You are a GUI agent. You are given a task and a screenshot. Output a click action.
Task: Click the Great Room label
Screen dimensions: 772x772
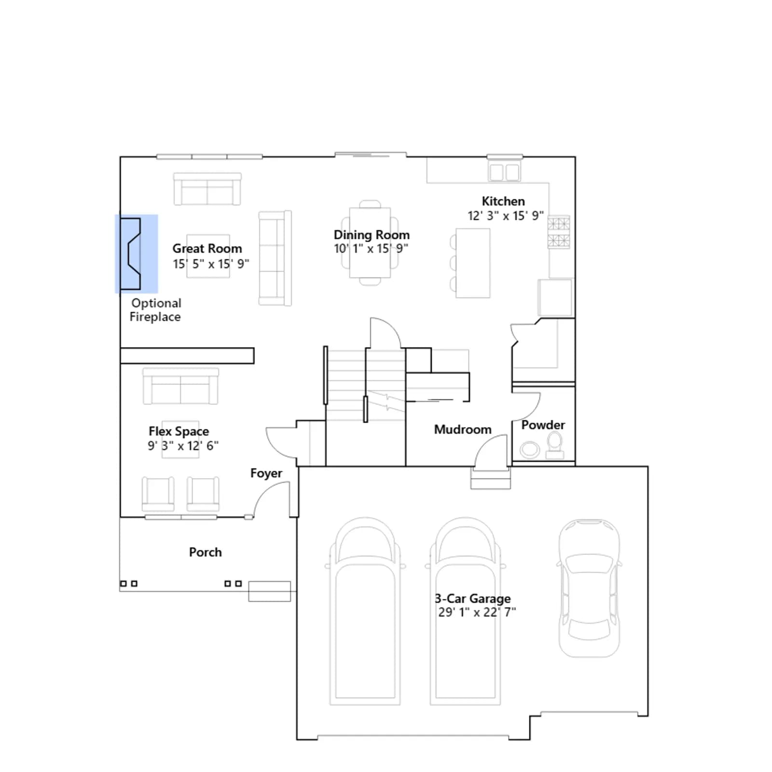coord(207,248)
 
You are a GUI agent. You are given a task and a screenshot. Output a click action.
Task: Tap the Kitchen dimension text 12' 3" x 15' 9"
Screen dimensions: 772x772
coord(505,216)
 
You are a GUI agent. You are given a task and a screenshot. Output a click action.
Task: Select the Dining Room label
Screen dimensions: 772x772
coord(372,235)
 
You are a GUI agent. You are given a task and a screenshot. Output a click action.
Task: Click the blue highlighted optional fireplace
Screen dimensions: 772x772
coord(137,254)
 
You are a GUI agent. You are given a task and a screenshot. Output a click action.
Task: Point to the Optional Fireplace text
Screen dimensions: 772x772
coord(155,310)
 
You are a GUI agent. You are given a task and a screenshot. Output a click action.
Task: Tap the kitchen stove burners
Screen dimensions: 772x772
coord(558,232)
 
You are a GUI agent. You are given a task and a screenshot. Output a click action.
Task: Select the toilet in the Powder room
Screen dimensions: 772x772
coord(555,445)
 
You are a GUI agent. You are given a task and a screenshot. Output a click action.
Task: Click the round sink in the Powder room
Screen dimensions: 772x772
coord(530,450)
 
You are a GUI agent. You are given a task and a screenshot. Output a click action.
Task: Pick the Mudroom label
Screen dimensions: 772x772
coord(463,429)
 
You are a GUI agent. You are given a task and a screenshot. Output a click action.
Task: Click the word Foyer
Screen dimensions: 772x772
coord(266,473)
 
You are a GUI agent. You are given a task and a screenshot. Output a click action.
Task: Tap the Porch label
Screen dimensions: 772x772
coord(205,552)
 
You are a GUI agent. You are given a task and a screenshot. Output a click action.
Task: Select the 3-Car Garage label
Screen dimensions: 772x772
coord(473,598)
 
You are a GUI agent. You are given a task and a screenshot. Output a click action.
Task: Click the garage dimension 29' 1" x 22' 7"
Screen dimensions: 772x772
coord(477,612)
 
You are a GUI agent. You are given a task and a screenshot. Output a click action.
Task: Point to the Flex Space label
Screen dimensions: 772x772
coord(179,431)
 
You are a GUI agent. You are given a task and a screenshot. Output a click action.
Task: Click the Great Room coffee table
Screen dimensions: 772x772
coord(208,256)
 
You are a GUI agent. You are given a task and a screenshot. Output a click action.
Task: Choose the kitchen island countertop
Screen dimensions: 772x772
coord(473,263)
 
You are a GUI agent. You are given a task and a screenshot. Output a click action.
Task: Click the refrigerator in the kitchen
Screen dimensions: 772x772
coord(555,297)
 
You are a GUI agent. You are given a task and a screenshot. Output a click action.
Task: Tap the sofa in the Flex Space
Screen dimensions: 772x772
coord(180,386)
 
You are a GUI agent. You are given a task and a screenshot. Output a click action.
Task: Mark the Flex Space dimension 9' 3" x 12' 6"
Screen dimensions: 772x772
coord(183,445)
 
